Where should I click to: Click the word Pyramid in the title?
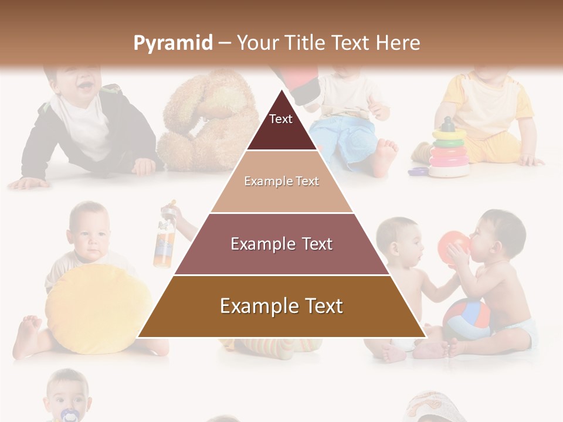[172, 43]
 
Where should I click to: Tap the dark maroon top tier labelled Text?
[281, 125]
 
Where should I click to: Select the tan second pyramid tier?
[281, 182]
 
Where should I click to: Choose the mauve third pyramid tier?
[281, 244]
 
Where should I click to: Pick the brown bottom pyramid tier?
[281, 307]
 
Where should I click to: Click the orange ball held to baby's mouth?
[453, 246]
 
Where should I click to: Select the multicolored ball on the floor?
[466, 319]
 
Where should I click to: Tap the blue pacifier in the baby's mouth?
[69, 414]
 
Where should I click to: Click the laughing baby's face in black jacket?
[80, 82]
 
